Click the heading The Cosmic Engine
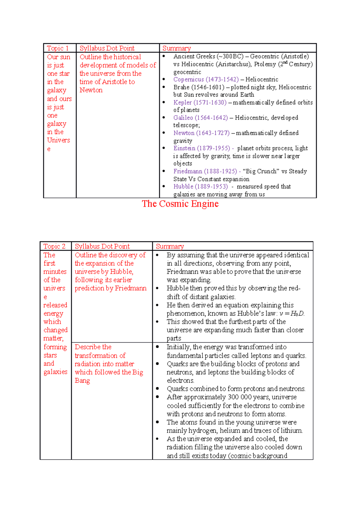point(180,204)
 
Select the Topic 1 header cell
point(58,48)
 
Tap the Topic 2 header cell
point(54,246)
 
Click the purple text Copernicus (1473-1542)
point(206,79)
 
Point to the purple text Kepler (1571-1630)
point(200,103)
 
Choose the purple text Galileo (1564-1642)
point(200,118)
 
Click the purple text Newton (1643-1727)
point(201,133)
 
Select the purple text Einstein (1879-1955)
point(202,148)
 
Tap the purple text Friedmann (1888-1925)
point(205,171)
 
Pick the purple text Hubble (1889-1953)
point(200,187)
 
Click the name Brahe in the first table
point(181,87)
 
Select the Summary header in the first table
point(176,48)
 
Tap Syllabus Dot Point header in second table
point(102,246)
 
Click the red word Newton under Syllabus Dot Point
point(91,90)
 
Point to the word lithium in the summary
point(291,431)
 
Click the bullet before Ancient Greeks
point(164,56)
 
